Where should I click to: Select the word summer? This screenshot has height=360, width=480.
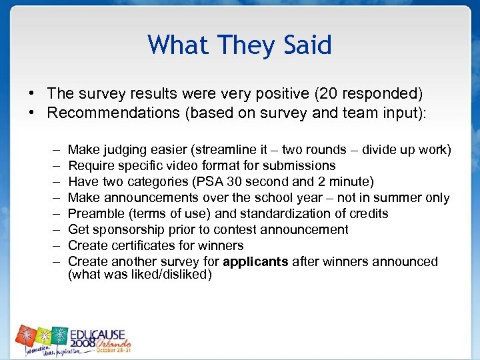tap(400, 197)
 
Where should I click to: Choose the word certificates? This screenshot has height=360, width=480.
tap(143, 245)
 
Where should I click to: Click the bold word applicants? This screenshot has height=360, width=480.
tap(257, 261)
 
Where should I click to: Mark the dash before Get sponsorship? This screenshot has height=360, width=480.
tap(53, 229)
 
